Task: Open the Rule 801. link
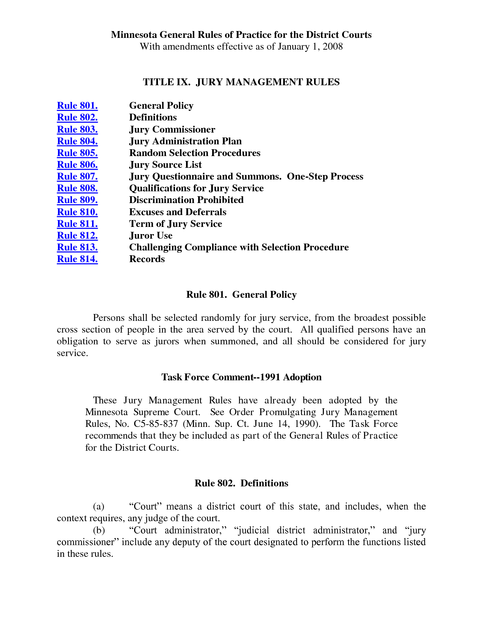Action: point(77,106)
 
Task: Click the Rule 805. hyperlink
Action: point(77,153)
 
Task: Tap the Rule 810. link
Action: point(77,212)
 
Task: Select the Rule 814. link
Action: point(77,259)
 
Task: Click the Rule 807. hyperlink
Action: point(77,177)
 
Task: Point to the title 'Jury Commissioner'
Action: point(172,130)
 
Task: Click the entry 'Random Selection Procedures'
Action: point(195,153)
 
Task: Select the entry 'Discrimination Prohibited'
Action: point(186,200)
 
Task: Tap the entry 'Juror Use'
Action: point(151,236)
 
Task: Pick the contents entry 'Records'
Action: point(147,259)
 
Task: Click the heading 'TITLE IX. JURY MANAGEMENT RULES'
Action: point(241,82)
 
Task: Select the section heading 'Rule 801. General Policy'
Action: point(241,295)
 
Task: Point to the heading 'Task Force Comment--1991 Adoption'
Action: point(241,377)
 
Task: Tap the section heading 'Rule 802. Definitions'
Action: point(241,483)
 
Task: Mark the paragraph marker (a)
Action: point(98,507)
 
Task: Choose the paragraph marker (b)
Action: point(99,530)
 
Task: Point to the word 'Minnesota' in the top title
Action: point(134,35)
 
